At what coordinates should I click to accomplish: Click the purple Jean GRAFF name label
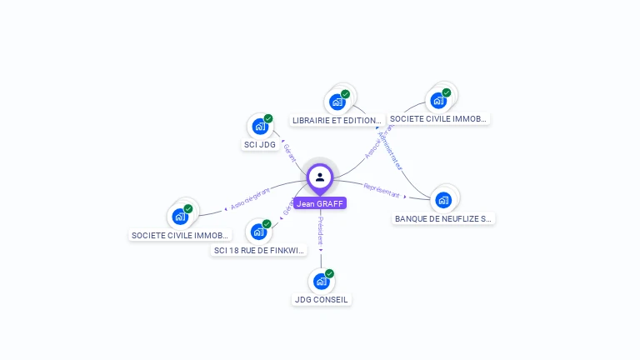(319, 203)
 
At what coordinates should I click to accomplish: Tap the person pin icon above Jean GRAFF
(320, 177)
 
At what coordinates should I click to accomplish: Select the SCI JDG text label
(259, 145)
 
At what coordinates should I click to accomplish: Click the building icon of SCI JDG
(260, 127)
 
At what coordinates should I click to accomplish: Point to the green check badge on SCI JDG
(268, 118)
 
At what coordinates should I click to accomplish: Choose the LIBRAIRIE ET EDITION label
(337, 120)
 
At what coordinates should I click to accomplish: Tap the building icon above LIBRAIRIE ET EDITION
(337, 102)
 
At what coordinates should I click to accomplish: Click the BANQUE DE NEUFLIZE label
(443, 218)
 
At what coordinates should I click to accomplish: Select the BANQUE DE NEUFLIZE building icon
(443, 199)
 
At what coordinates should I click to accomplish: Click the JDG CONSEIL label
(321, 300)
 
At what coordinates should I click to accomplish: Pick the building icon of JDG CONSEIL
(321, 281)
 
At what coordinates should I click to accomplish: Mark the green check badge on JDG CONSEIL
(329, 273)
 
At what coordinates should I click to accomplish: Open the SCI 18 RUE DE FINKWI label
(258, 250)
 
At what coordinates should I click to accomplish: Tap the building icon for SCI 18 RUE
(258, 232)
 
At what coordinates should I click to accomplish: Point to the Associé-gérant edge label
(250, 200)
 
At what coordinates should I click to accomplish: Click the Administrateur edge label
(390, 150)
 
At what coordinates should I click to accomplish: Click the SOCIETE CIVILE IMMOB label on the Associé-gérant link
(180, 236)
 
